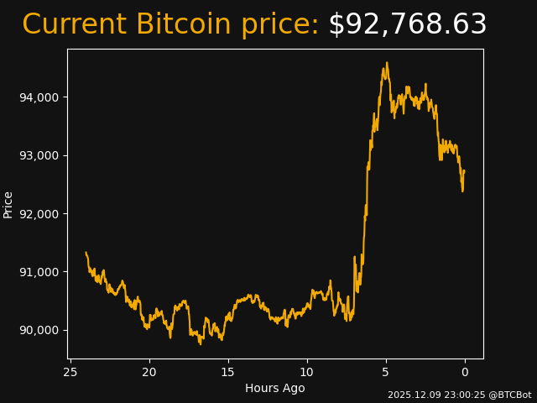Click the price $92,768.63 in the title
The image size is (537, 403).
click(407, 25)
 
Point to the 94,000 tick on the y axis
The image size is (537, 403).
click(39, 97)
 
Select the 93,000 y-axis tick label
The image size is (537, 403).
click(39, 155)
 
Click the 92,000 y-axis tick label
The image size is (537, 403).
click(39, 213)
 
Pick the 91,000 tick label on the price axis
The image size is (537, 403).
click(39, 271)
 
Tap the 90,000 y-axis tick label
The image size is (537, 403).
click(39, 330)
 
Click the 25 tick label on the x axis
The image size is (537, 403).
click(70, 372)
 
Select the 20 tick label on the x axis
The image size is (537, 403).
click(149, 372)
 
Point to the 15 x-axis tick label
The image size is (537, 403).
click(228, 372)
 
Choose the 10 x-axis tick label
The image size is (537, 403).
click(307, 372)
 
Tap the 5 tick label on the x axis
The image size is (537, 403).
click(386, 372)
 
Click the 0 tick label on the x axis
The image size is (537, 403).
click(465, 372)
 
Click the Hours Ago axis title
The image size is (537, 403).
click(275, 388)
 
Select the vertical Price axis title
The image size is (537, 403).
click(8, 204)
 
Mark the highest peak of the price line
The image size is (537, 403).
click(387, 63)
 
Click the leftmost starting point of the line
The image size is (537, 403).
click(86, 253)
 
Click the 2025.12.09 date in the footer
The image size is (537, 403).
click(411, 395)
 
